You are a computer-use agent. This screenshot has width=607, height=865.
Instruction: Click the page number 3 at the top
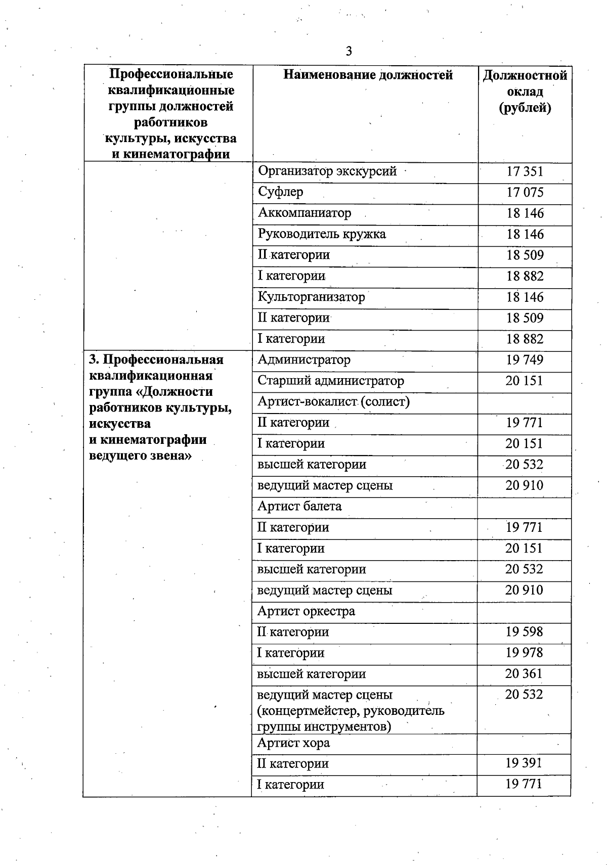coord(349,51)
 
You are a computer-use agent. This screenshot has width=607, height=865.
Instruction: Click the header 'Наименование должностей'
coord(368,75)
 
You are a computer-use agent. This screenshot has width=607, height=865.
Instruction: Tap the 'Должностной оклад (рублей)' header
coord(525,92)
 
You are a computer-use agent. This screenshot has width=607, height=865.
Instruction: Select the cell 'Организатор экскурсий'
coord(327,171)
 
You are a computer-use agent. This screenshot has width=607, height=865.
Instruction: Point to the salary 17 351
coord(525,171)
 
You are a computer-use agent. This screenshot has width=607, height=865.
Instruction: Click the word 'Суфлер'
coord(281,192)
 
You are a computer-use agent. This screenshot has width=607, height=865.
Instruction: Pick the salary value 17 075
coord(525,193)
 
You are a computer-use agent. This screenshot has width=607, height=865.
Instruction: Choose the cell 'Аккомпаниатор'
coord(305,213)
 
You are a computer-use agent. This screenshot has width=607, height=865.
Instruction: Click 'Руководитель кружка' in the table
coord(322,234)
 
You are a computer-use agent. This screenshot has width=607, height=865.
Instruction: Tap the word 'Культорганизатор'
coord(311,297)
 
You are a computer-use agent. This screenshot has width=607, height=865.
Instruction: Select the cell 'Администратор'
coord(304,360)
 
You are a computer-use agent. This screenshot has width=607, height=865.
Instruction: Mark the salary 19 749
coord(525,360)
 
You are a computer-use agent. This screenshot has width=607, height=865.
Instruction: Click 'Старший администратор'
coord(331,381)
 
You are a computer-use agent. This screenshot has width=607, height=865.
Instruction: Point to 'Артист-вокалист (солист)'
coord(333,401)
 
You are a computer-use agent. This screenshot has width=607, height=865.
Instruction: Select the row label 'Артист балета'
coord(299,506)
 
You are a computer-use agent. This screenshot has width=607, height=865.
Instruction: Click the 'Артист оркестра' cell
coord(306,611)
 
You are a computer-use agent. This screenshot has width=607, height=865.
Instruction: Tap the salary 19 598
coord(524,632)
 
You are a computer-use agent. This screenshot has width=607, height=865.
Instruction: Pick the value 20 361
coord(524,673)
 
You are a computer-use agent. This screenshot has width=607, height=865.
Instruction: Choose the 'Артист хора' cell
coord(293,743)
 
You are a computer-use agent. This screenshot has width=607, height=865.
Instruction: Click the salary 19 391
coord(524,763)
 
